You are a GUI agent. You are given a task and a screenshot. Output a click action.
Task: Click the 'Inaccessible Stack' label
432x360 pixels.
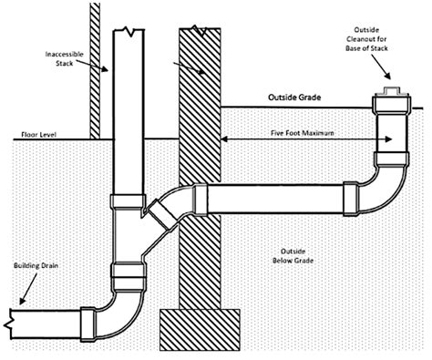coord(64,58)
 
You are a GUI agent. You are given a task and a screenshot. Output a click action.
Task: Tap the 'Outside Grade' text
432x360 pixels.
coord(294,98)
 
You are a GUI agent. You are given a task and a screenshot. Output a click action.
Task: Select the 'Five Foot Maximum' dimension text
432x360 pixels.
coord(303,133)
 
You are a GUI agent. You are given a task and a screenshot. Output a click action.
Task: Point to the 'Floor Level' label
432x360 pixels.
coord(38,134)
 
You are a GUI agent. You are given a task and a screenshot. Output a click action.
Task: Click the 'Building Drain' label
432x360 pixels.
coord(36,266)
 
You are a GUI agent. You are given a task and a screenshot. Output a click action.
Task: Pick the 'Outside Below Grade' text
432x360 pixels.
coord(293,256)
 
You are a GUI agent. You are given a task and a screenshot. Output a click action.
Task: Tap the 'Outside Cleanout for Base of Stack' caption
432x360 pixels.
coord(366,39)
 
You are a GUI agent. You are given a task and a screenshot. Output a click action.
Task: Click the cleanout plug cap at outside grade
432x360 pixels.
coord(392,92)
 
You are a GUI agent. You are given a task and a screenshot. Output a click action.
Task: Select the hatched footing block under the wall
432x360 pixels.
coord(200,330)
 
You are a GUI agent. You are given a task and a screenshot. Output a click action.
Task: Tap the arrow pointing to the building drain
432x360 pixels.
coord(28,288)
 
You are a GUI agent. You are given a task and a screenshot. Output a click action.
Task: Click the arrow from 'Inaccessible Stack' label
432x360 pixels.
coord(92,66)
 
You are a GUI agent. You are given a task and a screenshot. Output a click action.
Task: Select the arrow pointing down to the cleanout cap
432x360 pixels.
coord(380,67)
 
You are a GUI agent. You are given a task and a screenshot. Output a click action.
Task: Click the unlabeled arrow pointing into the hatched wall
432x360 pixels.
coord(189,68)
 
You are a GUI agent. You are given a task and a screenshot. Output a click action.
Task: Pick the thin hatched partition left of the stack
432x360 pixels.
coord(95,70)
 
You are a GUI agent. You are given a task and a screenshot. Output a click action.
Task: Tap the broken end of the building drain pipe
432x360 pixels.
coord(8,324)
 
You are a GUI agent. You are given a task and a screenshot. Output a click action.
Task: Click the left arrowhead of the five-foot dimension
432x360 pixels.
coord(224,139)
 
